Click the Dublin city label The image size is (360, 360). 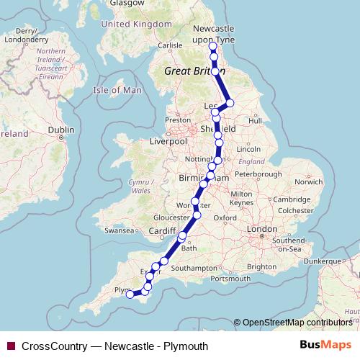click(60, 130)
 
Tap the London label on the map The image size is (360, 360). click(257, 229)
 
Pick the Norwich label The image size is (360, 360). click(310, 181)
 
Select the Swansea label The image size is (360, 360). click(120, 231)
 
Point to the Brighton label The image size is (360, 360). click(261, 266)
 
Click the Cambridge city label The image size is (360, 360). click(292, 199)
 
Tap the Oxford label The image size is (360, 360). click(225, 217)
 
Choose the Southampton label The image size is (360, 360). click(193, 268)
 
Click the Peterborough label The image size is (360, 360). click(257, 174)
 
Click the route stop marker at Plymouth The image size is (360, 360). click(130, 294)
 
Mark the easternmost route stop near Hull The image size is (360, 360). click(230, 103)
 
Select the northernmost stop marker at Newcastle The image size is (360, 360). click(212, 47)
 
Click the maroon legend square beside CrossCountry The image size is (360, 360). click(10, 346)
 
